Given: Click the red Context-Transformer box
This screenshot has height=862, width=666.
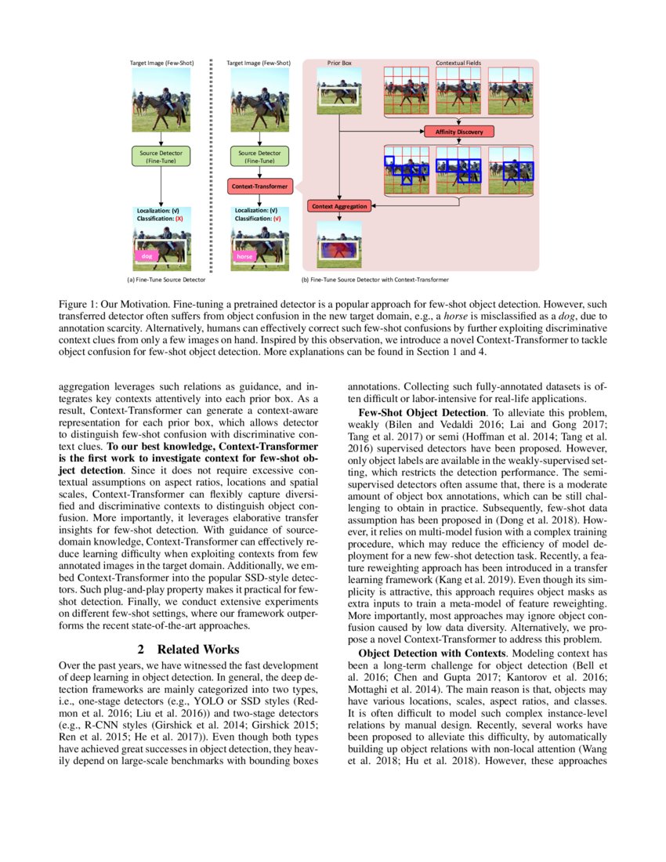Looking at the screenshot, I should pos(260,187).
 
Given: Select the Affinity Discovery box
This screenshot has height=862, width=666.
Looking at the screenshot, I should pos(459,132).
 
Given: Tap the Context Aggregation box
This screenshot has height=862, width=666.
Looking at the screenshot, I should pos(338,206).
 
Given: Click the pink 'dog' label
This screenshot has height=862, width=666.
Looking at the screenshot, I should pos(147,255).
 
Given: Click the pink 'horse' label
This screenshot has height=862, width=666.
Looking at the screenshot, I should pos(245,255).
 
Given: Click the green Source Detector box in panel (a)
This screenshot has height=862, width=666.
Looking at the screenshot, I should pos(161,157).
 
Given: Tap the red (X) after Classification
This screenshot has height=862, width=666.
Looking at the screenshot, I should pos(179,219).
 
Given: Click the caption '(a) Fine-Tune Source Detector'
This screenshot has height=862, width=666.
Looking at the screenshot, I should pos(166,279).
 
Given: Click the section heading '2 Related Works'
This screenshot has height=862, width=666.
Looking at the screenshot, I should pos(188,649).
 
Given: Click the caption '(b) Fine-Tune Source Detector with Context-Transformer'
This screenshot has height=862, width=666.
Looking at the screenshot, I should pos(375,279).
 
